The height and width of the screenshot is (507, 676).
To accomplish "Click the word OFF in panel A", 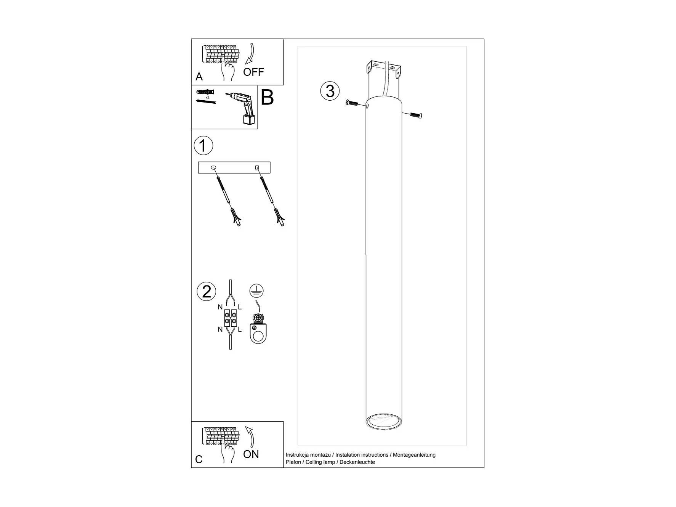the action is coord(253,72).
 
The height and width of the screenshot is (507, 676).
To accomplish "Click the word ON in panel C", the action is coord(251,454).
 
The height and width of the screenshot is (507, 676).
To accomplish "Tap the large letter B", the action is coord(267,98).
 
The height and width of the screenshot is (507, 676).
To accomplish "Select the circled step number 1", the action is coord(203,146).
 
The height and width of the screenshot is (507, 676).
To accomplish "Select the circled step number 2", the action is coord(206,292).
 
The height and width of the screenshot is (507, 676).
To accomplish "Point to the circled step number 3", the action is coord(330,91).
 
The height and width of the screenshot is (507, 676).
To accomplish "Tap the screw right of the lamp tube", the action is coord(416,115).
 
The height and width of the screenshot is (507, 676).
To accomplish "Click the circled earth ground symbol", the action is coord(256,291).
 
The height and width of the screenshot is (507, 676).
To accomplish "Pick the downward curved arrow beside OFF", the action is coord(251,54).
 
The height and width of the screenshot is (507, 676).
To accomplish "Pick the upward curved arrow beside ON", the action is coord(250,436).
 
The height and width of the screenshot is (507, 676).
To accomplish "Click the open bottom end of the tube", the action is coord(383,421).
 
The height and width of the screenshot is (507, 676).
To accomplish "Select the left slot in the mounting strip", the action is coord(213,168).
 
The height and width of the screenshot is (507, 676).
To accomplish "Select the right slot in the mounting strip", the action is coord(257,167).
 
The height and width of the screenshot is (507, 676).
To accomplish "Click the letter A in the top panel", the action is coord(199,77).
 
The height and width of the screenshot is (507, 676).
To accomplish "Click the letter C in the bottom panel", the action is coord(199,459).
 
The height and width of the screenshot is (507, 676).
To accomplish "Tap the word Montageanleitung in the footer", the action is coord(414,455).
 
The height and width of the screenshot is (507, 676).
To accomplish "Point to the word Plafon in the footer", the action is coord(293,462).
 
